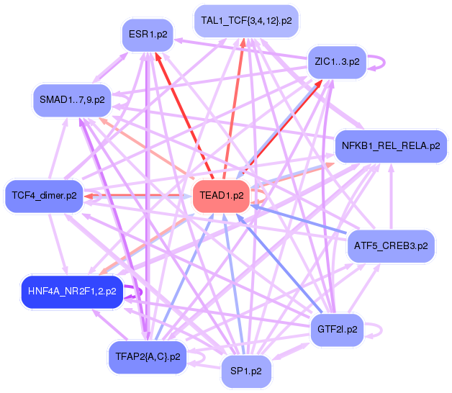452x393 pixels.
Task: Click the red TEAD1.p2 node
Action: [x=221, y=195]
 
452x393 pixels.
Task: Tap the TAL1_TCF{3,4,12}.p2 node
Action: [x=246, y=21]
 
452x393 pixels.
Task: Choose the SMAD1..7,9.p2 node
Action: [x=72, y=99]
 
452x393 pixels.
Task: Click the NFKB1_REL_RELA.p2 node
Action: [x=391, y=146]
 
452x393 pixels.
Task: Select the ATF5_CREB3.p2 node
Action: [x=391, y=245]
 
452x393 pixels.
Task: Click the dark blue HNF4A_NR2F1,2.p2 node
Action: [x=71, y=292]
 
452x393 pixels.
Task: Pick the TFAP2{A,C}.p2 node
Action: [x=148, y=356]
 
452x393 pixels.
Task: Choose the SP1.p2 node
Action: [x=247, y=371]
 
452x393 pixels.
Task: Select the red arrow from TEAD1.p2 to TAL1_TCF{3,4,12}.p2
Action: [x=235, y=108]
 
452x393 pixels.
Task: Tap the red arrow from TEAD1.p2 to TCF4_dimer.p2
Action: [x=137, y=195]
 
